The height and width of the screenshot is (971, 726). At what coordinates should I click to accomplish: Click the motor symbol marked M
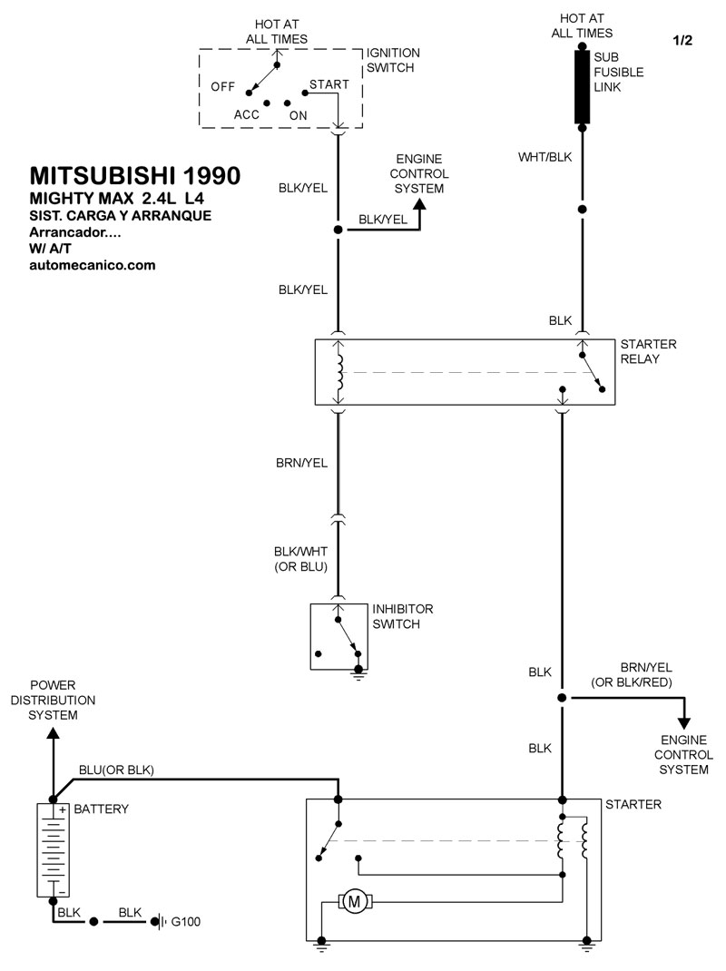click(354, 902)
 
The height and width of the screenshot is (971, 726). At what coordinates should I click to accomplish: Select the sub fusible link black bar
click(582, 87)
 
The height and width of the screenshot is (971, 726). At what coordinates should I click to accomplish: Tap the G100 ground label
click(186, 921)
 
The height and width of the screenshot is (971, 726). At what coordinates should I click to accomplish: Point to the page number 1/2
click(682, 41)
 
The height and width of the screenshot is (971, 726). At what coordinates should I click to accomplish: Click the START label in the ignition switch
click(329, 84)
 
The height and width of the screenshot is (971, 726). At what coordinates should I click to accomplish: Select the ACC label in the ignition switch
click(247, 114)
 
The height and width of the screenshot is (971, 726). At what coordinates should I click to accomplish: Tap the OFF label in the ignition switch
click(223, 87)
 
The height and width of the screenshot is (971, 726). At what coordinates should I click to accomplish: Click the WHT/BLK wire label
click(545, 157)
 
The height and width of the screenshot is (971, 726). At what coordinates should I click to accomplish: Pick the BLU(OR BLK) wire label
click(116, 770)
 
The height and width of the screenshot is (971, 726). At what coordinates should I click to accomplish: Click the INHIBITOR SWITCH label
click(403, 616)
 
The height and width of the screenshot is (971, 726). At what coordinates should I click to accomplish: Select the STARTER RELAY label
click(649, 351)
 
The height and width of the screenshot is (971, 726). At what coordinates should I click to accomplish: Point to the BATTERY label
click(101, 809)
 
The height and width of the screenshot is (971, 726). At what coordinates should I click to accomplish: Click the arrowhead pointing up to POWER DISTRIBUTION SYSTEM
click(54, 732)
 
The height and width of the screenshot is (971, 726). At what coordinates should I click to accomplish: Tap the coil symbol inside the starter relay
click(338, 372)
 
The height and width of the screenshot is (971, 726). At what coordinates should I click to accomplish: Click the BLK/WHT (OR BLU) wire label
click(301, 559)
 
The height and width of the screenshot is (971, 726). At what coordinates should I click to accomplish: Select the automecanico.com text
click(93, 265)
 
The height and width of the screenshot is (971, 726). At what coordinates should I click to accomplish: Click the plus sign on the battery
click(63, 810)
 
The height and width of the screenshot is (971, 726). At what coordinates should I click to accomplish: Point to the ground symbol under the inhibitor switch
click(358, 672)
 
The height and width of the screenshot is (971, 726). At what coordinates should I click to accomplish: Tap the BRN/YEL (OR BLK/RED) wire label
click(632, 675)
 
